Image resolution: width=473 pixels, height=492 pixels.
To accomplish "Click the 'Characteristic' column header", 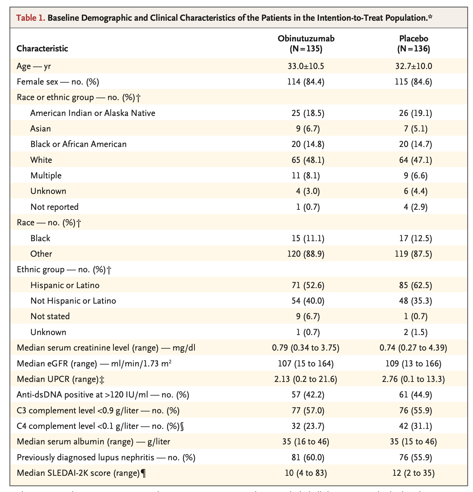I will point(42,49).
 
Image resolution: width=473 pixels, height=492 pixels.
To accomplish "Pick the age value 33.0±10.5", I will point(306,66).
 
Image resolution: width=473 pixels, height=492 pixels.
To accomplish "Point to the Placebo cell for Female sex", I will point(414,82).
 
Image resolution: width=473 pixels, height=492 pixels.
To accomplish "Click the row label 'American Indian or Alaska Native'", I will point(93,113).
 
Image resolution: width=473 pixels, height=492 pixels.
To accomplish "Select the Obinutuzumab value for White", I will point(306,160).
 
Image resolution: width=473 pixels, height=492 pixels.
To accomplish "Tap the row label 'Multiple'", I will point(46,176).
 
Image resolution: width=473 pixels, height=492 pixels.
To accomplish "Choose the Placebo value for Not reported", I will point(414,207).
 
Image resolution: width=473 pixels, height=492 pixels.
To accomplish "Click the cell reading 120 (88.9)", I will point(306,254).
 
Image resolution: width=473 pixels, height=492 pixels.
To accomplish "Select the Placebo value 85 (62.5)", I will point(414,285).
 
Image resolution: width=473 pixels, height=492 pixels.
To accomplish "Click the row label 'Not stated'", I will point(50,316).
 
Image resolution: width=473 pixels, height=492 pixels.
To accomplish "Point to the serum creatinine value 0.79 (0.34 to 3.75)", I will point(306,347).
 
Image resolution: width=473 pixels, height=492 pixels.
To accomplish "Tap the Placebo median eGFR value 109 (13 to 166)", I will point(414,363).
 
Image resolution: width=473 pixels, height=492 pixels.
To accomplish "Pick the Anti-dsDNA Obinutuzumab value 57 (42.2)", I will point(306,395).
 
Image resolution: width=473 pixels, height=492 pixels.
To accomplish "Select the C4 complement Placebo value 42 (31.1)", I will point(414,426).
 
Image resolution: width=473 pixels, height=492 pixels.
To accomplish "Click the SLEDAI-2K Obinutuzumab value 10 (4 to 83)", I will point(306,473).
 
